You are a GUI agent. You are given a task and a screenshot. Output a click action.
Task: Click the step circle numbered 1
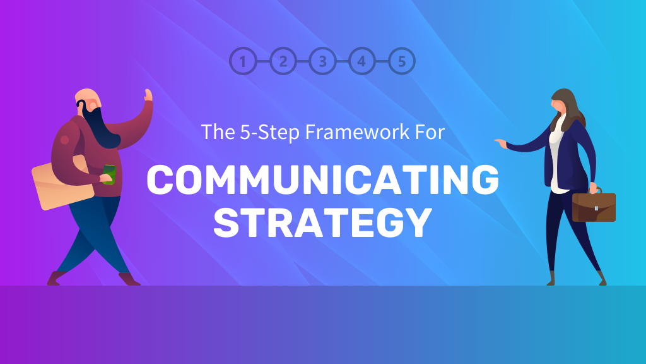pyautogui.click(x=244, y=61)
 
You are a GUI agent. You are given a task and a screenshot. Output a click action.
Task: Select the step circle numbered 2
pyautogui.click(x=283, y=61)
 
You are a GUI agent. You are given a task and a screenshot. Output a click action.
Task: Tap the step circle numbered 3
pyautogui.click(x=322, y=61)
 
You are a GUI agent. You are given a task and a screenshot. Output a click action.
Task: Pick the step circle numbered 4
pyautogui.click(x=361, y=61)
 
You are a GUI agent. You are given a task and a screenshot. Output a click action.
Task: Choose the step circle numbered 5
pyautogui.click(x=402, y=61)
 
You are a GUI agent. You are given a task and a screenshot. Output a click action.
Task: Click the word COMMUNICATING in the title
pyautogui.click(x=322, y=179)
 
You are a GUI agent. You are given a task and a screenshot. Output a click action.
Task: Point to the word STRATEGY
pyautogui.click(x=322, y=222)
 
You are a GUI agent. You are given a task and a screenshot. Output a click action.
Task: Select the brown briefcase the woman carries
pyautogui.click(x=594, y=207)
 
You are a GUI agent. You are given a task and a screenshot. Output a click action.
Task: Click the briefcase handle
pyautogui.click(x=594, y=190)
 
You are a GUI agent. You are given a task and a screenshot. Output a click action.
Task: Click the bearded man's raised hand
pyautogui.click(x=148, y=96)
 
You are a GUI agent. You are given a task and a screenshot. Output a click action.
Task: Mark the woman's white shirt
pyautogui.click(x=555, y=158)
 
